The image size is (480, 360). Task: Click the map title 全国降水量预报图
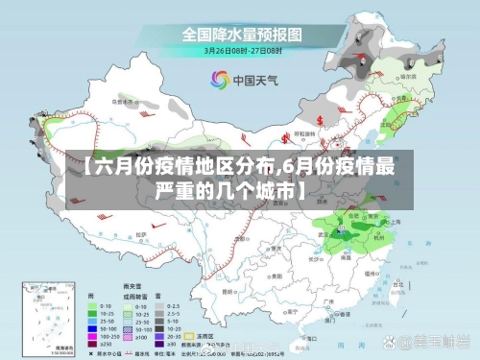(242, 34)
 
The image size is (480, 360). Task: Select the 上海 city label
(396, 221)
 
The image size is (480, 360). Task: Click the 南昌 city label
(348, 252)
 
